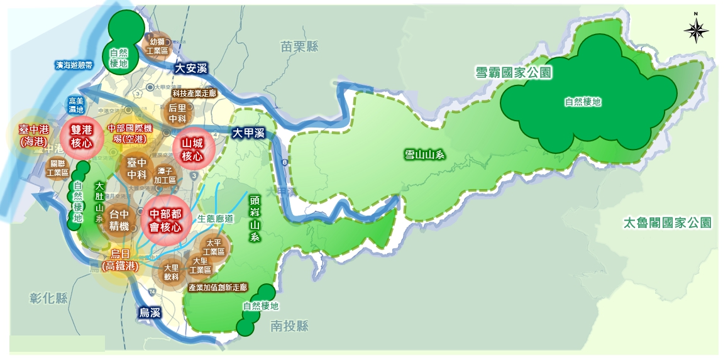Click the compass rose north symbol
tap(696, 30)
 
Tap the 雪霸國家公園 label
tap(513, 74)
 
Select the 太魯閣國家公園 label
tap(667, 223)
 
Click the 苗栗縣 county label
tap(300, 46)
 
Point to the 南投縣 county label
tap(290, 326)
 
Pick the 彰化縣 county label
tap(48, 298)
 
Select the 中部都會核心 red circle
tap(165, 221)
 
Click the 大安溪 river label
tap(191, 68)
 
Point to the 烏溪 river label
tap(150, 312)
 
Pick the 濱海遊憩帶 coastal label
tap(74, 64)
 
